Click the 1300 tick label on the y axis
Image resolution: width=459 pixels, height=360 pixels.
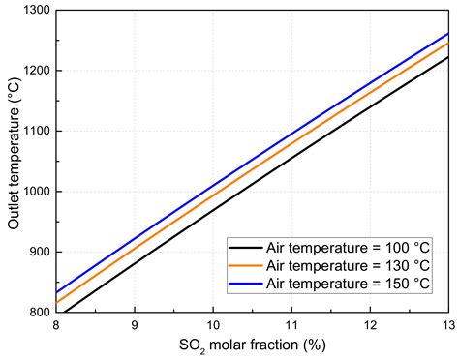coord(37,10)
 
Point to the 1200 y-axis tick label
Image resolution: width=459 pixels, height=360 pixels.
coord(37,71)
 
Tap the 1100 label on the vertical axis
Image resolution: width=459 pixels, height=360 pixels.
coord(37,131)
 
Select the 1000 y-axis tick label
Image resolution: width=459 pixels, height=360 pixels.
coord(37,192)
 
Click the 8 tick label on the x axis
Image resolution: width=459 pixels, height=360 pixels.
coord(56,325)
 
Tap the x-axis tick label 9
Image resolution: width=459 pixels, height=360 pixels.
coord(135,325)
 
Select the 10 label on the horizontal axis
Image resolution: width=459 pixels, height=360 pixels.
coord(213,325)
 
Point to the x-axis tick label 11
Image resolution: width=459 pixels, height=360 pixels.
coord(291,325)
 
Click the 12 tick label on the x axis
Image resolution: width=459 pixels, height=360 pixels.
coord(370,325)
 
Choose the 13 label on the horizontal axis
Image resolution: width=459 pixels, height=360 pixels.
coord(448,325)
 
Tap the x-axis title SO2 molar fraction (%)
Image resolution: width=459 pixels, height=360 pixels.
coord(253,345)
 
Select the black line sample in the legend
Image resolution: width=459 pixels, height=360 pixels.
coord(246,248)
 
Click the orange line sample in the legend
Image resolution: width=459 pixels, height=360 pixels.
coord(246,265)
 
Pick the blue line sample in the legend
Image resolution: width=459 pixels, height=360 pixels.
coord(246,284)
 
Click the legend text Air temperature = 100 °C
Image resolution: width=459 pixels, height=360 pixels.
coord(349,248)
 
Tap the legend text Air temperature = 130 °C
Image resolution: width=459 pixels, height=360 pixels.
coord(349,266)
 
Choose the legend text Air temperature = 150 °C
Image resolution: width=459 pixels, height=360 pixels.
coord(349,284)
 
